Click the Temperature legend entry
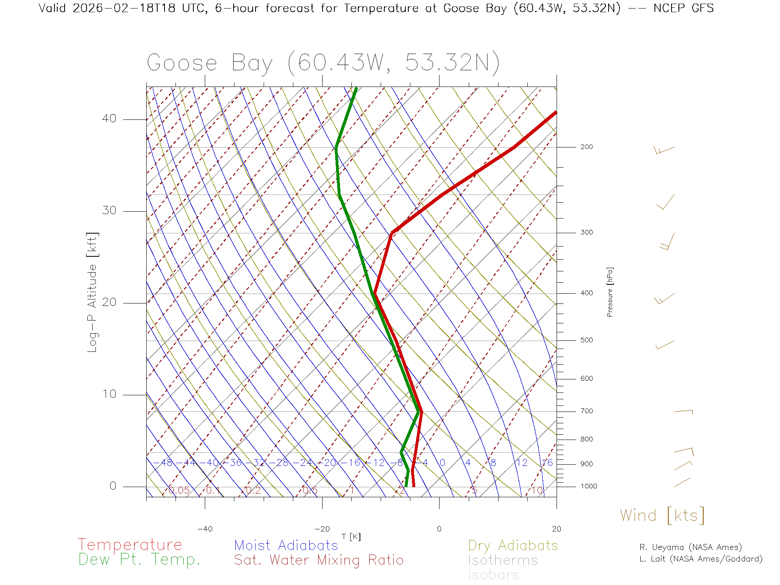coord(130,545)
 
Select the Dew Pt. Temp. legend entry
coord(139,560)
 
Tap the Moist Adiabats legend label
coord(286,545)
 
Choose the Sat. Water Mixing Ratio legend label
coord(318,560)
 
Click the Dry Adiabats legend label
coord(513,545)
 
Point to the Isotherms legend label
coord(503,560)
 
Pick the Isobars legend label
coord(493,575)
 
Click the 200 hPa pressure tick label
coord(587,147)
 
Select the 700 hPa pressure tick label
coord(587,411)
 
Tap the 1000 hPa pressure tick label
coord(589,486)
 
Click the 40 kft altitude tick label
coord(109,119)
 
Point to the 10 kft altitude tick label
coord(109,394)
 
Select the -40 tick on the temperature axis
coord(205,529)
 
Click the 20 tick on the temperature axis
coord(556,529)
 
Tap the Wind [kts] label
coord(662,516)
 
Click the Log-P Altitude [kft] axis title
coord(93,292)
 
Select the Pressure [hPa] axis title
coord(610,292)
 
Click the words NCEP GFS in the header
coord(683,8)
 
